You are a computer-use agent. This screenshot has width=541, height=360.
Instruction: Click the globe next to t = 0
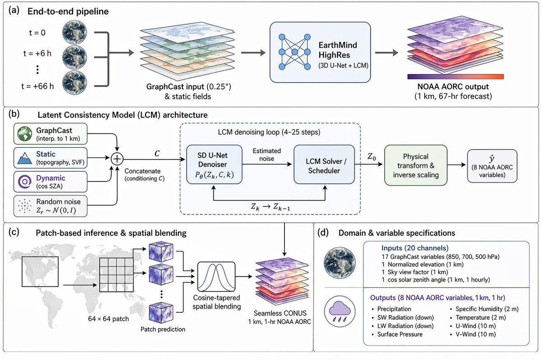[74, 32]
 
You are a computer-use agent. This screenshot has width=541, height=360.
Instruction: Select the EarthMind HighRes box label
[338, 50]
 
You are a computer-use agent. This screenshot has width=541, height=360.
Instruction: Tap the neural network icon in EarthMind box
[294, 52]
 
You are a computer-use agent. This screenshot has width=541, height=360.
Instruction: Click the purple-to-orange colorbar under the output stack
[455, 77]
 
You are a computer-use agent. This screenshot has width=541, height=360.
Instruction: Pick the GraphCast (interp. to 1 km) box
[50, 134]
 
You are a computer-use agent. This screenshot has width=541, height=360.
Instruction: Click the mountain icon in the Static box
[25, 158]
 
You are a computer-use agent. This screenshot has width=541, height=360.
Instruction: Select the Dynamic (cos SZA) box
[50, 182]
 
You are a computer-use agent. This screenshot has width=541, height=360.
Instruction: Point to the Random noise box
[50, 206]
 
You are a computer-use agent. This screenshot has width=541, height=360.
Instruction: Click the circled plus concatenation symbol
[117, 159]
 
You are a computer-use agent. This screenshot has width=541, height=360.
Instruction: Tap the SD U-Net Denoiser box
[214, 164]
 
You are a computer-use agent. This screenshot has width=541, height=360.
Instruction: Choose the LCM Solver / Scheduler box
[324, 164]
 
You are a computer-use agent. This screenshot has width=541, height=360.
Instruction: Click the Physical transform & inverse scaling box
[416, 165]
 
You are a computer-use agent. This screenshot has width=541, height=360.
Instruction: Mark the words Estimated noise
[266, 155]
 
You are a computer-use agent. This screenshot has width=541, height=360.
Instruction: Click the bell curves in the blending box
[216, 277]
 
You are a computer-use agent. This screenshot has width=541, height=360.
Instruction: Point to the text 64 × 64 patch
[109, 319]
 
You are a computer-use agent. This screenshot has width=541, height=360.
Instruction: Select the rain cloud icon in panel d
[339, 311]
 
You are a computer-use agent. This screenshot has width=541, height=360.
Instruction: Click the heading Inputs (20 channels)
[415, 248]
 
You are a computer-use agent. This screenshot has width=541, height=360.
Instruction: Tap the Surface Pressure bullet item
[397, 334]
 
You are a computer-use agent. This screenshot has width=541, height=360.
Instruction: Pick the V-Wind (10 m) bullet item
[473, 334]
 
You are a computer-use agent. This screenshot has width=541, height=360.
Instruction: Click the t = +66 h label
[37, 86]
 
